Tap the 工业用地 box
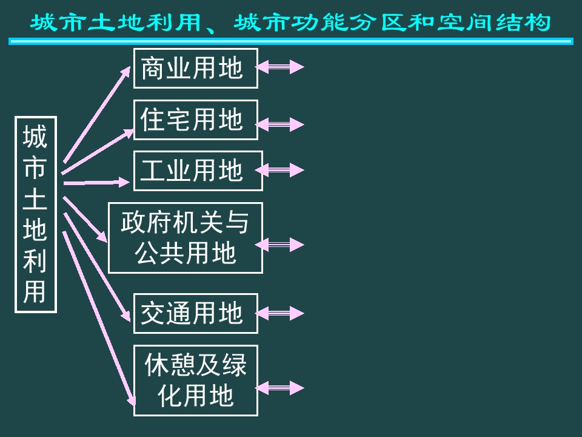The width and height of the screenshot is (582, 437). click(x=198, y=171)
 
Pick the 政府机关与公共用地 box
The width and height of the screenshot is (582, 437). click(x=185, y=237)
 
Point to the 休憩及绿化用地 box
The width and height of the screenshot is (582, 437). click(x=195, y=381)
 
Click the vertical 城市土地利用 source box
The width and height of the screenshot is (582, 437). click(x=35, y=214)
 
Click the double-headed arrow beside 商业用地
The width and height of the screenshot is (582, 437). click(x=279, y=67)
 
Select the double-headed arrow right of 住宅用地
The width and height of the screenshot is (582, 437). click(x=279, y=124)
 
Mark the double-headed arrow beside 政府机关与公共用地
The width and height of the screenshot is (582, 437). click(x=279, y=244)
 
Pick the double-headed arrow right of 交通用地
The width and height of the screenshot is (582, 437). click(x=279, y=313)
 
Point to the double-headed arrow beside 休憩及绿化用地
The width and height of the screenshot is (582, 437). click(x=279, y=387)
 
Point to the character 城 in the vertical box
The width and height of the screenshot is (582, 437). click(x=35, y=137)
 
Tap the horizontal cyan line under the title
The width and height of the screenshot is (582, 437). click(x=290, y=41)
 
